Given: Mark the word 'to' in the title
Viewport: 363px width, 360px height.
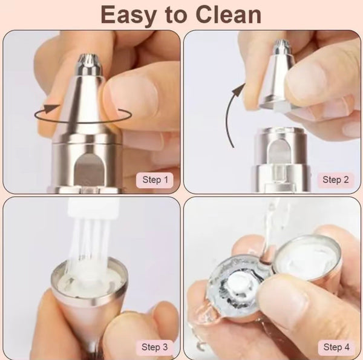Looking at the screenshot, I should pyautogui.click(x=180, y=14).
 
